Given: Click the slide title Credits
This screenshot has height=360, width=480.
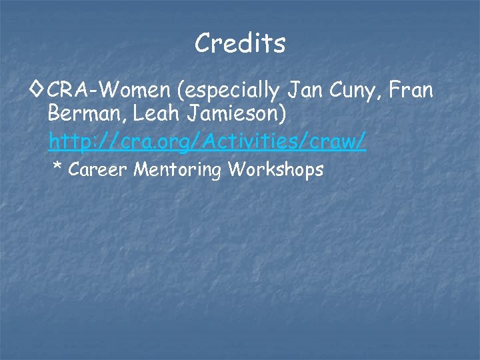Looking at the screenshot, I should (x=240, y=44).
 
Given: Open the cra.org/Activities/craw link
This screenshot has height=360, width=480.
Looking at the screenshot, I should (x=207, y=141).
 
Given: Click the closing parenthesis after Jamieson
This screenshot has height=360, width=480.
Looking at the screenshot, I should (x=285, y=115).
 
